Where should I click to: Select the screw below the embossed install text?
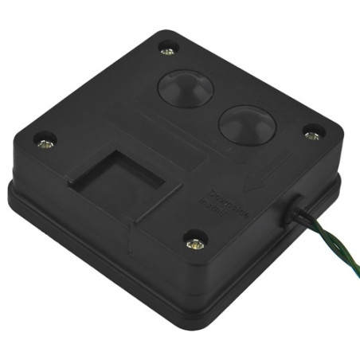[194, 241]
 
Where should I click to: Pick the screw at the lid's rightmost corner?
[312, 135]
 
